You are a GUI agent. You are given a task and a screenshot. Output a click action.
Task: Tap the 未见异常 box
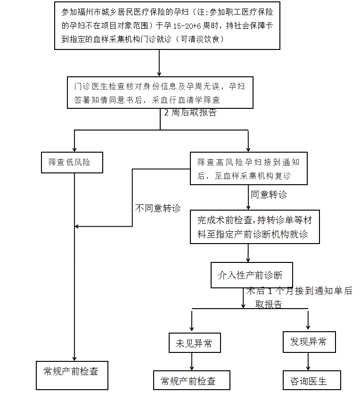(x=194, y=343)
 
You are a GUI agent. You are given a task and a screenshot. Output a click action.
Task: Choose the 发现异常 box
(x=309, y=342)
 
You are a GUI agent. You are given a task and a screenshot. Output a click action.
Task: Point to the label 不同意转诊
(x=158, y=208)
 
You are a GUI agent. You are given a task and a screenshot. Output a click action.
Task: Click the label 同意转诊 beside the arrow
(x=269, y=195)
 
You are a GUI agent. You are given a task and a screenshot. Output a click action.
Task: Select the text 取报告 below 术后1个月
(x=269, y=304)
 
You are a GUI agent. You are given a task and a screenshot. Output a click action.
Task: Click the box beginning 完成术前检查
(x=254, y=227)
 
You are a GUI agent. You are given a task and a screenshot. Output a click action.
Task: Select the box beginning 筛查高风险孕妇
(x=248, y=168)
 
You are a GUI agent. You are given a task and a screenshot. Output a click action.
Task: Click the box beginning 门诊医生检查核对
(x=160, y=92)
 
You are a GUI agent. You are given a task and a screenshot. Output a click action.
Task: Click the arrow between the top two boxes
(x=159, y=62)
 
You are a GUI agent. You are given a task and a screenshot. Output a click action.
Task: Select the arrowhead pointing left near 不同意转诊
(x=78, y=227)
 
